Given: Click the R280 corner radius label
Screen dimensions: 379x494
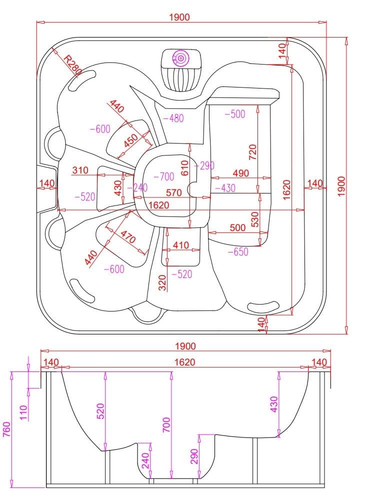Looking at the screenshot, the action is tap(73, 64).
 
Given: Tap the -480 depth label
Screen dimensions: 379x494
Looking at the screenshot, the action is tap(173, 118).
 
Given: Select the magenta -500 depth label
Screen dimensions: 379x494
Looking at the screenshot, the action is tap(234, 113).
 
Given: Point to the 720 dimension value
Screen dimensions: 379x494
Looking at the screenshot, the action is tap(252, 152).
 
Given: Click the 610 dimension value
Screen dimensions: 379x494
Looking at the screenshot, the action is tap(185, 168).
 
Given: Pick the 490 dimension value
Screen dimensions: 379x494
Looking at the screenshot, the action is tap(240, 173).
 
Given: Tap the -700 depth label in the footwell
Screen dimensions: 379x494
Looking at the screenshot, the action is tap(164, 176).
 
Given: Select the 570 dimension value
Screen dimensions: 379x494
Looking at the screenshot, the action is tap(174, 192).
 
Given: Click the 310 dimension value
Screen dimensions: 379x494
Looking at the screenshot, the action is tap(80, 170).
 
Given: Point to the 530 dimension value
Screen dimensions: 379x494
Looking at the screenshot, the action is tap(255, 219).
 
